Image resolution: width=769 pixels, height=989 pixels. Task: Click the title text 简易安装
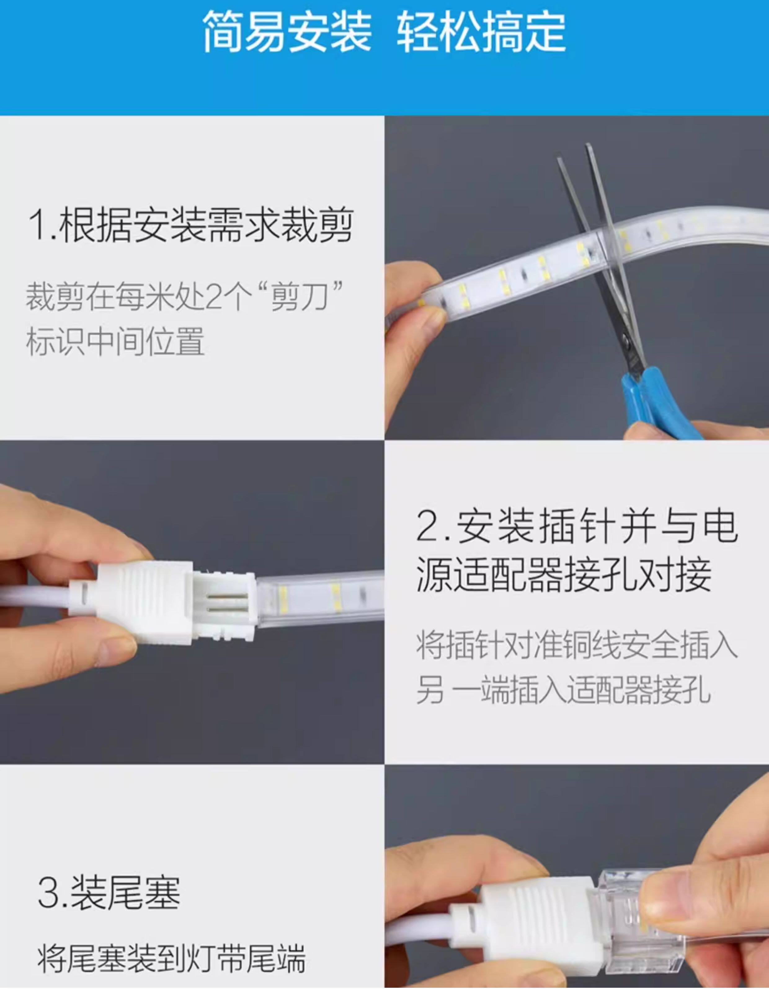point(287,32)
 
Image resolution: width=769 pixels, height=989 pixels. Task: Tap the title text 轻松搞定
point(481,32)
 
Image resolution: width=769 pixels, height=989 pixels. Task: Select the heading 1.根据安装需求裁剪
point(190,225)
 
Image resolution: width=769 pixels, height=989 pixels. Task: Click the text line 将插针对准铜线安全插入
point(576,645)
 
